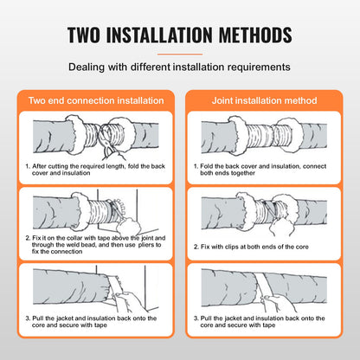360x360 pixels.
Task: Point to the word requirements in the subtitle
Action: pyautogui.click(x=259, y=66)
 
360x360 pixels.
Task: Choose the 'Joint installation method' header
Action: pyautogui.click(x=267, y=100)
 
